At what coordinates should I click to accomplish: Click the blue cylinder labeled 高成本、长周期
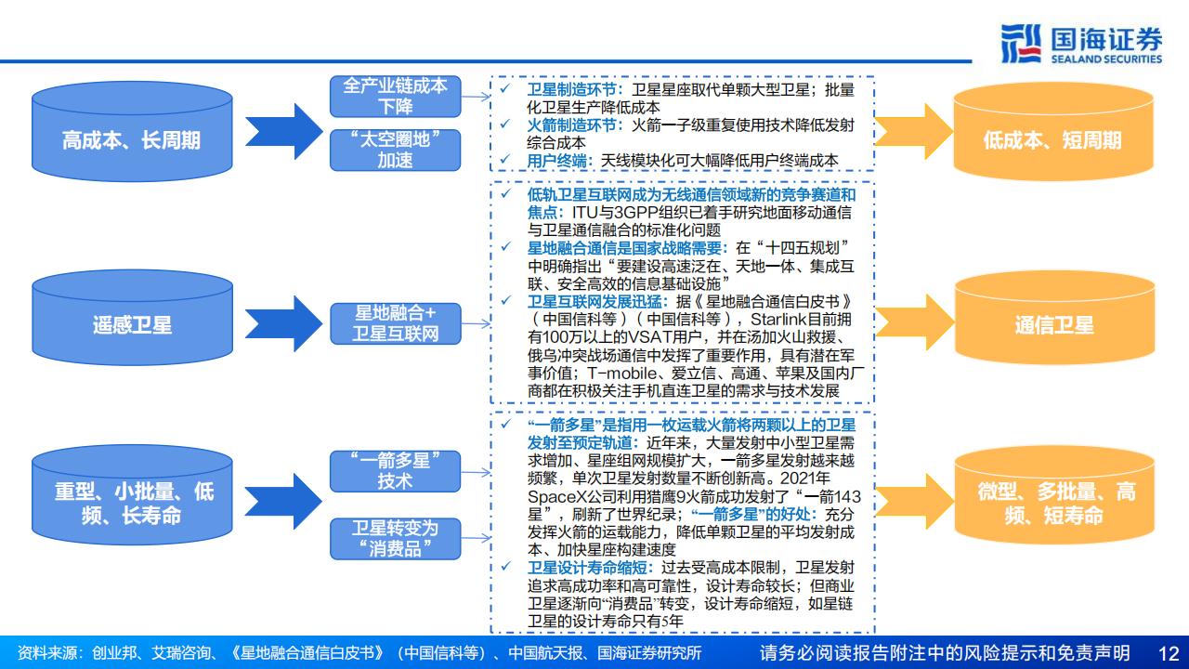132,132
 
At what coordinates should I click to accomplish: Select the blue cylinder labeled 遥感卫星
132,318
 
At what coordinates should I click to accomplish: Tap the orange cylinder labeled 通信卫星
1054,318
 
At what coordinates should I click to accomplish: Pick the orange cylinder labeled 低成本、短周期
1053,132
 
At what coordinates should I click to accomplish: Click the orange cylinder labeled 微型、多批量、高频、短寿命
1054,495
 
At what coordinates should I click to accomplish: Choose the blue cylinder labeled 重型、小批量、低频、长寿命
132,495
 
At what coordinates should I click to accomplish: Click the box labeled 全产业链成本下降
395,96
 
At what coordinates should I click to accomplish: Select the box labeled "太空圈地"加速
395,150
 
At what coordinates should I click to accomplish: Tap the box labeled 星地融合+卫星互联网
395,323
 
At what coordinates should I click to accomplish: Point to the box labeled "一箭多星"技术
395,471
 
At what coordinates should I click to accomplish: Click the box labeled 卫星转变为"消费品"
395,538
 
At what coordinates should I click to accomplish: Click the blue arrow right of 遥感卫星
283,323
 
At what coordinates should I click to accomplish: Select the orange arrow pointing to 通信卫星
914,321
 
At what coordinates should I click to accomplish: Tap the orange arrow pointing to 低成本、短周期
913,131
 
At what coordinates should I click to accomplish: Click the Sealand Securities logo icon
1021,44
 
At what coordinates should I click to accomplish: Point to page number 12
1169,653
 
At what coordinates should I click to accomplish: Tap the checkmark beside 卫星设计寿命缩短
506,566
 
